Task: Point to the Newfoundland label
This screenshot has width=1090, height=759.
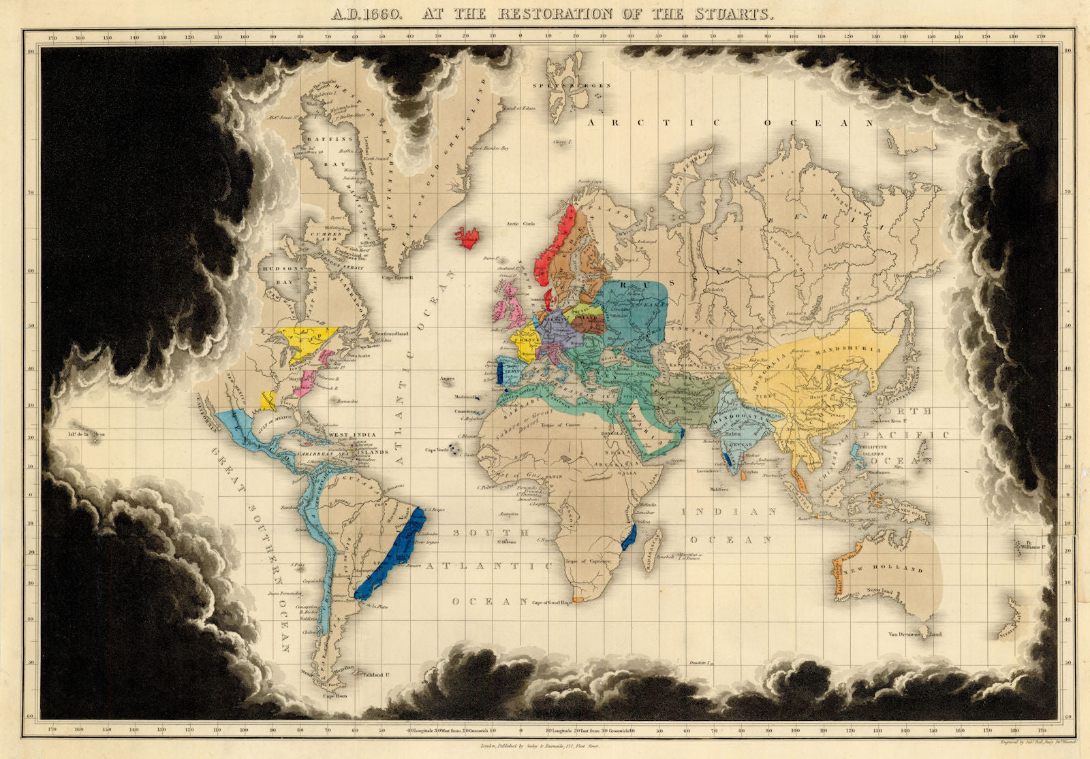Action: point(390,334)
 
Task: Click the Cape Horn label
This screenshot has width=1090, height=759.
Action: point(335,696)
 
